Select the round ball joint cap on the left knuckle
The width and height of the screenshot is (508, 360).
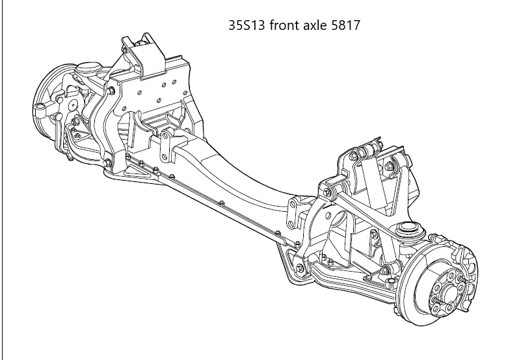(x=86, y=68)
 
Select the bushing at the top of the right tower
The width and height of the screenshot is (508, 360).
(x=366, y=151)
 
